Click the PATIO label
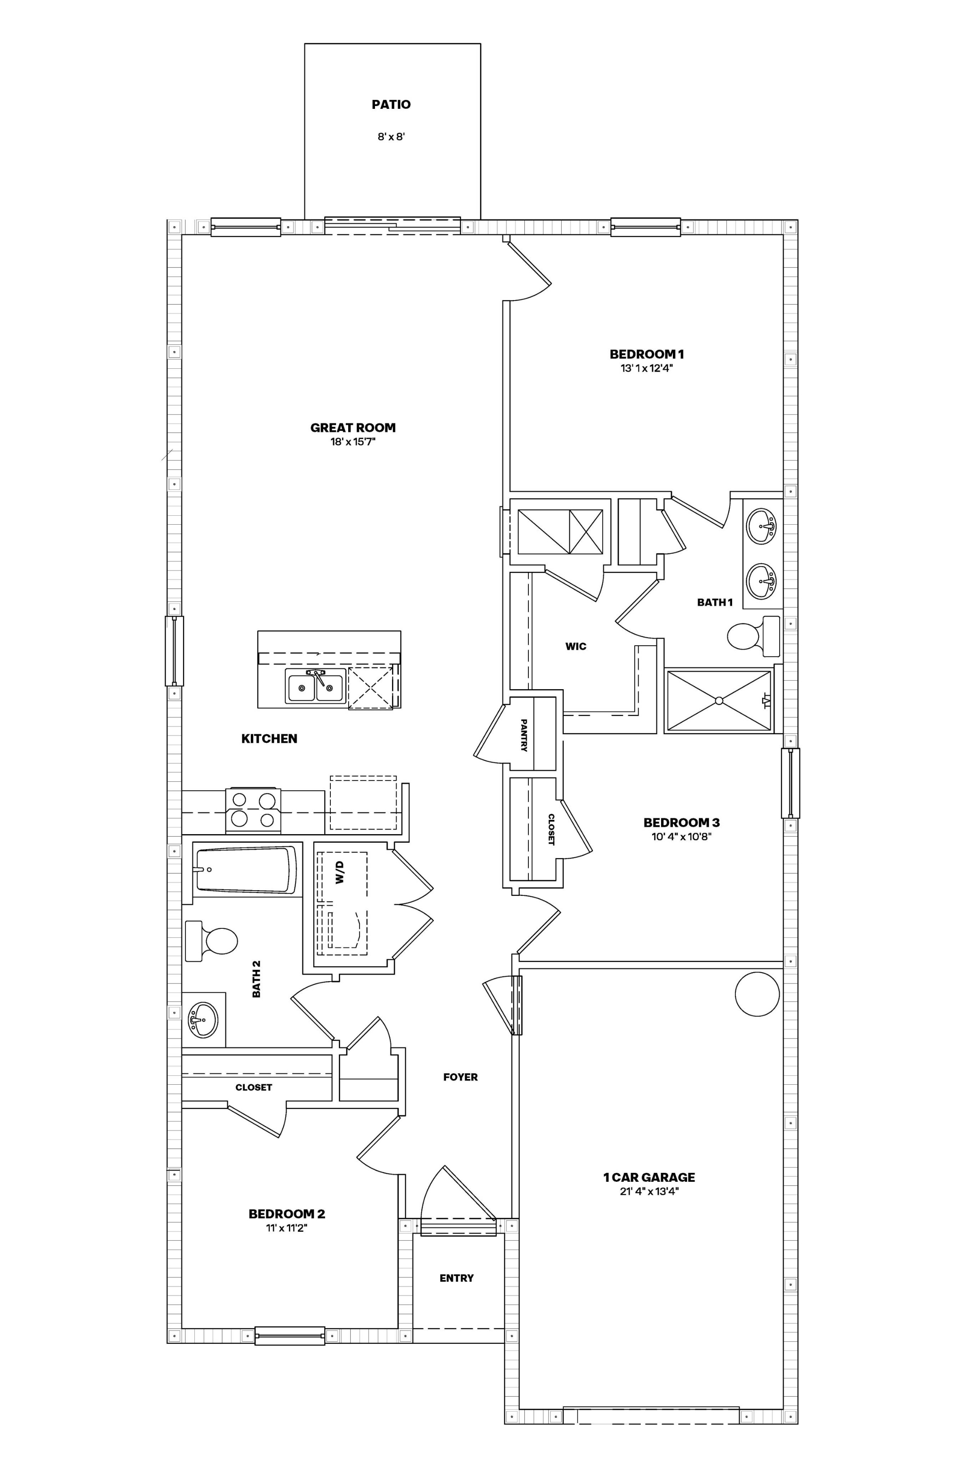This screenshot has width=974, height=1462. [x=391, y=104]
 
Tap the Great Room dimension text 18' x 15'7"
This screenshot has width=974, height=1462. [x=353, y=442]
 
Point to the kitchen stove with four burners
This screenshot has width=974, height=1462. [x=253, y=811]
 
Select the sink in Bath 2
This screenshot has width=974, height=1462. [x=203, y=1019]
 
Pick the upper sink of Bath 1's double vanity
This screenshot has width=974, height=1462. [x=762, y=526]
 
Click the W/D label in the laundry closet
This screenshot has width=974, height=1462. [x=340, y=873]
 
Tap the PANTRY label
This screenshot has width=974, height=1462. [x=524, y=735]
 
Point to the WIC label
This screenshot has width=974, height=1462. [x=576, y=647]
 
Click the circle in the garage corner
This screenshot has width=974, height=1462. [x=757, y=994]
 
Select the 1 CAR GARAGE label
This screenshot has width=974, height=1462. [x=649, y=1177]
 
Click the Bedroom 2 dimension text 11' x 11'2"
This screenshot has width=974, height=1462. [x=287, y=1228]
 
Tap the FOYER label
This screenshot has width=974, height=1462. [x=460, y=1077]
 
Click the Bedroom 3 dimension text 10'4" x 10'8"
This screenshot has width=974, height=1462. [x=681, y=836]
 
